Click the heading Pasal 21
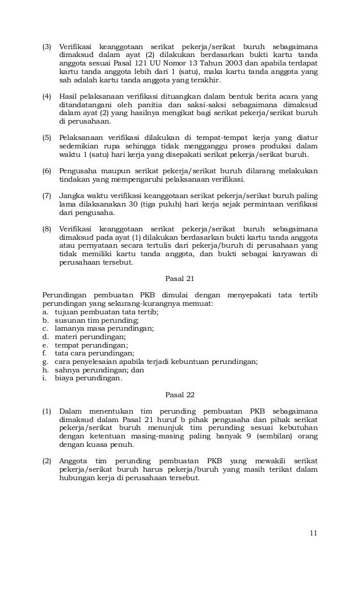(x=179, y=278)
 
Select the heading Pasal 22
(x=179, y=394)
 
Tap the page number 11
(x=313, y=534)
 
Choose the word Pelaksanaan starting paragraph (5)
(x=82, y=138)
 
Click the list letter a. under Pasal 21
(x=45, y=312)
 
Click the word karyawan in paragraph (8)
(x=285, y=254)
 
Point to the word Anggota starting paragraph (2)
(x=74, y=460)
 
